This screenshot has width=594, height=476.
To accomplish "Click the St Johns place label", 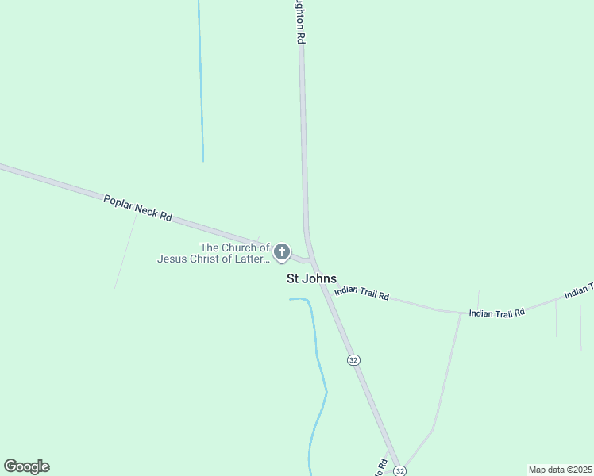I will click(311, 278).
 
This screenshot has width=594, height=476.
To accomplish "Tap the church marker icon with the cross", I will click(281, 253).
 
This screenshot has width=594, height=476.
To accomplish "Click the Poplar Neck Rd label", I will click(137, 207).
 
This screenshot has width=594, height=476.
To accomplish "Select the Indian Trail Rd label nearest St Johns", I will click(361, 293).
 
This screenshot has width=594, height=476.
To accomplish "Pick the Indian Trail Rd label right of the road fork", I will click(497, 313).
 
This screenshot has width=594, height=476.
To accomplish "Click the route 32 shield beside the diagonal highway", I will click(353, 359).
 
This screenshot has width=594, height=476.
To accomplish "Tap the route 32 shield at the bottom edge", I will click(400, 470).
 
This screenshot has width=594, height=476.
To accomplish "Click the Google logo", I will click(26, 466).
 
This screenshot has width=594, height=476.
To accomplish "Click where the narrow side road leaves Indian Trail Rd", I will click(461, 313).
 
